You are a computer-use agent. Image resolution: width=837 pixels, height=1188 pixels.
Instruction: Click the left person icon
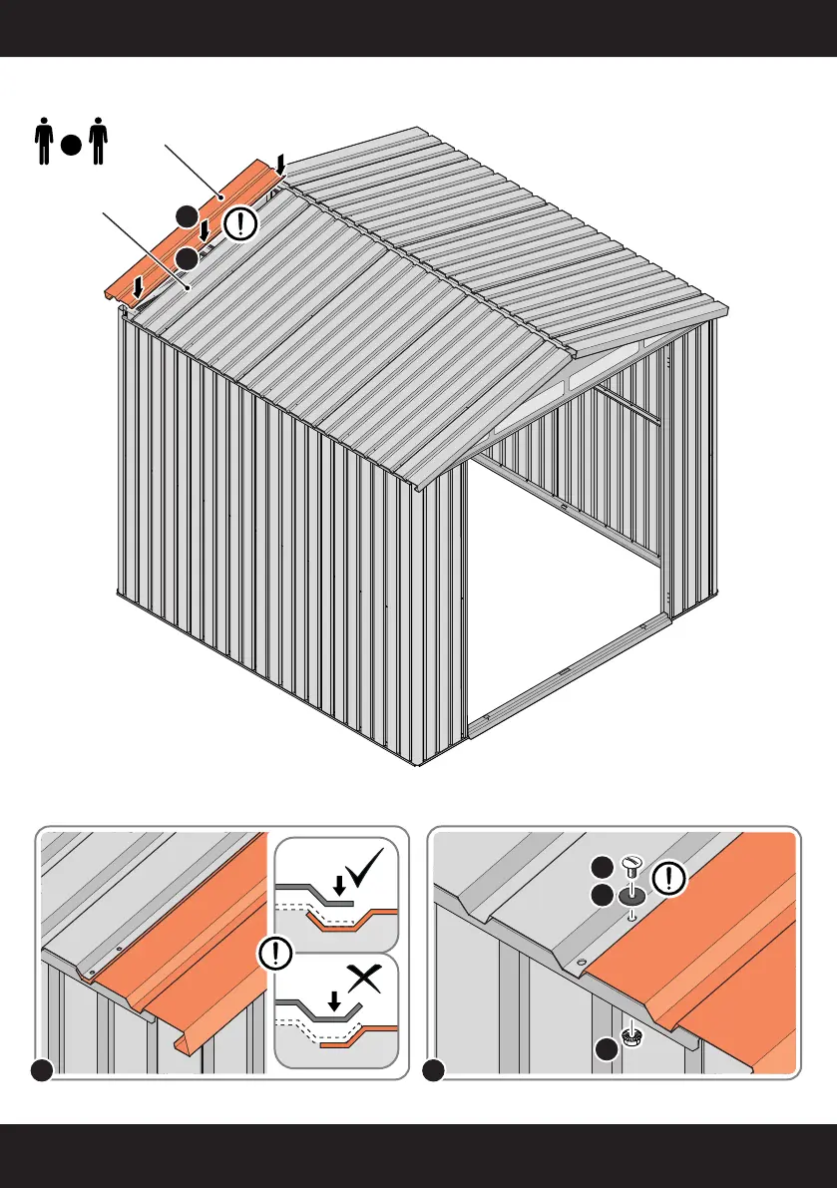tap(43, 142)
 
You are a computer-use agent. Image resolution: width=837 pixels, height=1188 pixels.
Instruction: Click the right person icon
tap(96, 142)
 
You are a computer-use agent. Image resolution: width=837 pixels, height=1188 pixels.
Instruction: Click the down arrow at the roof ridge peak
tap(282, 163)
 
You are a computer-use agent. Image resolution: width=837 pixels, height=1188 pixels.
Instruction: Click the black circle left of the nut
tap(606, 1049)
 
